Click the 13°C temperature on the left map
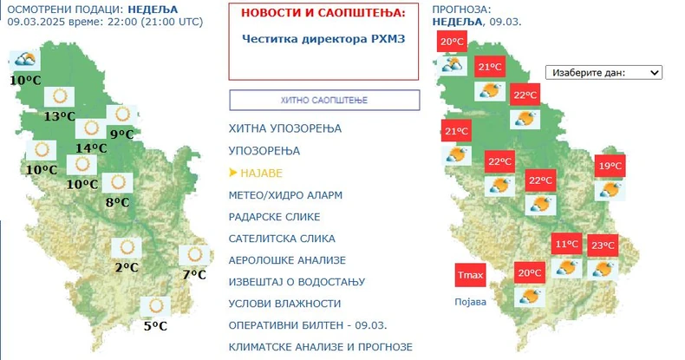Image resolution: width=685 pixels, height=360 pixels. tap(61, 117)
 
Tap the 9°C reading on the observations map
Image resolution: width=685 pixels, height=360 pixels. tap(121, 134)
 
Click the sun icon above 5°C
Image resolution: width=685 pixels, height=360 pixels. tap(157, 305)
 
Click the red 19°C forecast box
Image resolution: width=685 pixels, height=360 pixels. tap(609, 167)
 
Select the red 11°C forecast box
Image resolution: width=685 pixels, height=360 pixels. tap(567, 245)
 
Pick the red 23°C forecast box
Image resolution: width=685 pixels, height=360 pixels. tap(603, 245)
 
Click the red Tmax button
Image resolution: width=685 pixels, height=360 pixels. tap(470, 276)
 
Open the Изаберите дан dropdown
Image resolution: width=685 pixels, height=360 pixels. tap(603, 73)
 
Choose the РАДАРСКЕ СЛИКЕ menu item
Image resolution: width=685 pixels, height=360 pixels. tap(274, 217)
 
